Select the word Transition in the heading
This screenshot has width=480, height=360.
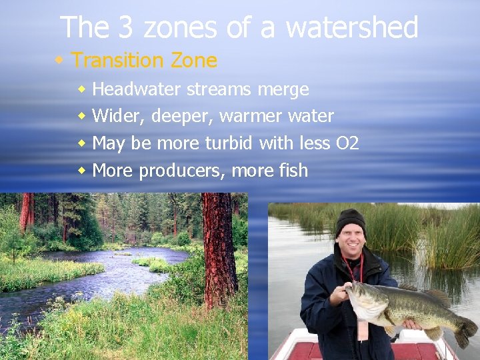coord(109,61)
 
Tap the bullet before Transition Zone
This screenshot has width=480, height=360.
coord(60,60)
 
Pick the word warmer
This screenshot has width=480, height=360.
coord(251,116)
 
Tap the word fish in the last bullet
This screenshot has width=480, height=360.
coord(291,170)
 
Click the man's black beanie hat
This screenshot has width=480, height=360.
coord(350,221)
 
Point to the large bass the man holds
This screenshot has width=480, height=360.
coord(400,307)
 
